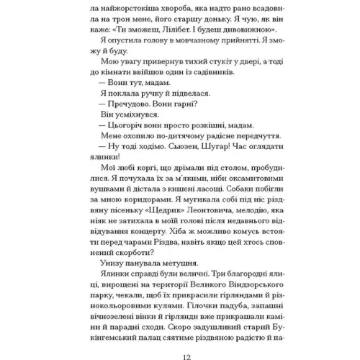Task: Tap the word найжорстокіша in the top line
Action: point(126,4)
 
